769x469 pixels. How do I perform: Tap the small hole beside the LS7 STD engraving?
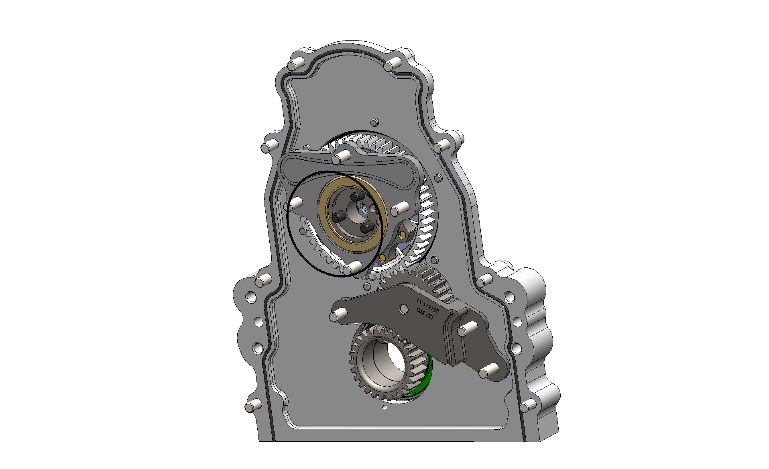404,309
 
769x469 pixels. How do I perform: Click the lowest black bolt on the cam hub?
365,228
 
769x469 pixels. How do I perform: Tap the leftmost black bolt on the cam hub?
338,217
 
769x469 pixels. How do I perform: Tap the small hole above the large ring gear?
374,122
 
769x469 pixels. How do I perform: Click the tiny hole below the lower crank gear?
385,408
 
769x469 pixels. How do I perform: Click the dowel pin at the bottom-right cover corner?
527,406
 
